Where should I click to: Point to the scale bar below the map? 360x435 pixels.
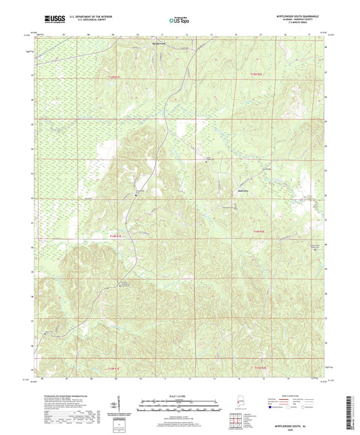(180, 406)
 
